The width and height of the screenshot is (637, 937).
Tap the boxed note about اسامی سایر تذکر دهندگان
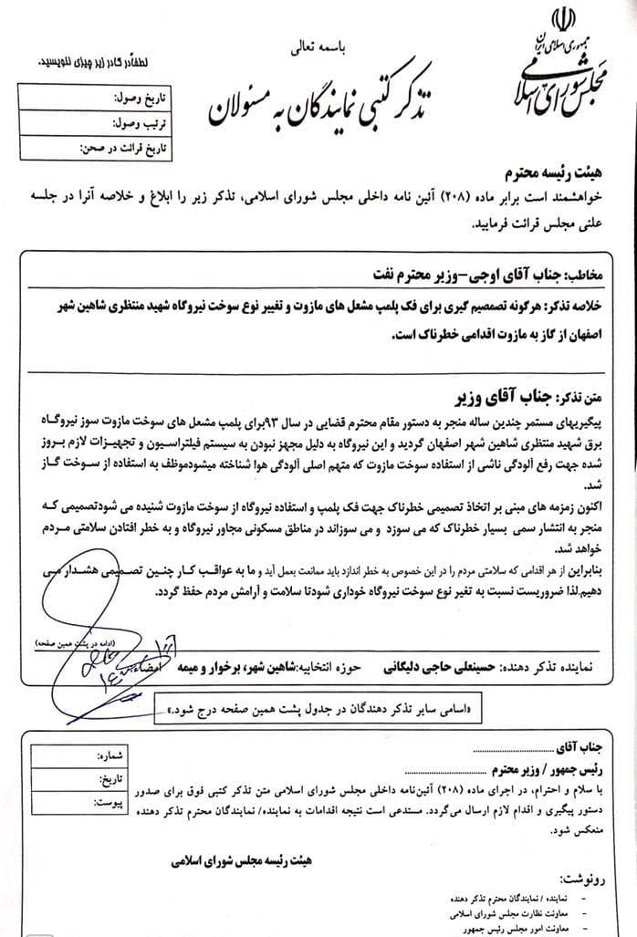coord(319,707)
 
